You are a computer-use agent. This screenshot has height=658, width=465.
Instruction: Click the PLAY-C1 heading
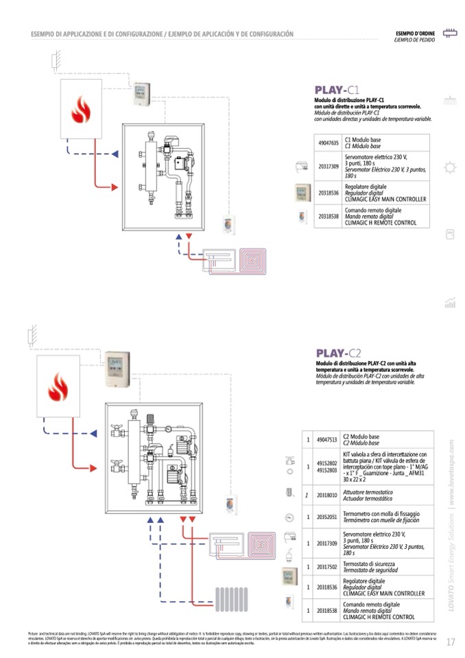coord(337,90)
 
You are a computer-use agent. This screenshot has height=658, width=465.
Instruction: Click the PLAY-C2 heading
coord(339,353)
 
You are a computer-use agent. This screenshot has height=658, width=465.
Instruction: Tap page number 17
coord(450,642)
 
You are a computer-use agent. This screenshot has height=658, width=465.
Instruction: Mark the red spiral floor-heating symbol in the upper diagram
coord(256,261)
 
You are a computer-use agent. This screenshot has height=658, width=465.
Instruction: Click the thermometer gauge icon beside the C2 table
coord(289,517)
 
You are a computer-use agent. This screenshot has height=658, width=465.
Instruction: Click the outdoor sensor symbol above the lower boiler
coord(30,336)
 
